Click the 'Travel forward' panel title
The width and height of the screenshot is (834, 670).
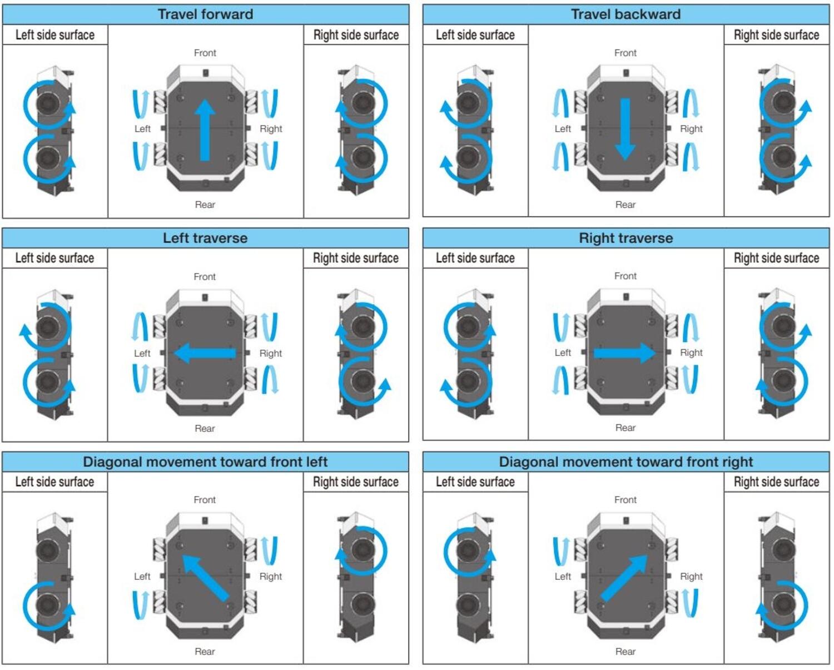(205, 14)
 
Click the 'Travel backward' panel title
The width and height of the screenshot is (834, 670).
(625, 14)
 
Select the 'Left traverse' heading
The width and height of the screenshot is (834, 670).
(205, 238)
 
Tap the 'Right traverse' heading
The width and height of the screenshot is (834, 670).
(625, 238)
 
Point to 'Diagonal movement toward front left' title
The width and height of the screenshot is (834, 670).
(205, 462)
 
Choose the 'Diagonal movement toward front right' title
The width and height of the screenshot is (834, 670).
(625, 462)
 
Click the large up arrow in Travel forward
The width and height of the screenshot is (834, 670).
(205, 131)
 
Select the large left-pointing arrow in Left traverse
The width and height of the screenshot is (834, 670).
(205, 353)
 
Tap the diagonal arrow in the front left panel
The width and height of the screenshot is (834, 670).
(204, 577)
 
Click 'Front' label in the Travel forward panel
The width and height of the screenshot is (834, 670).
(205, 53)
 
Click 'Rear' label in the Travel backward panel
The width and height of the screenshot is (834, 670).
(625, 205)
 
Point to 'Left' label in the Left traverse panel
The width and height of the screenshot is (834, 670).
(142, 353)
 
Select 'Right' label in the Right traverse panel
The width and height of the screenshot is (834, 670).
(691, 353)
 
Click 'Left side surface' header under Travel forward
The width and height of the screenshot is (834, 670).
(55, 35)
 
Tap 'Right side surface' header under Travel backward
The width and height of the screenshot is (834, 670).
(776, 35)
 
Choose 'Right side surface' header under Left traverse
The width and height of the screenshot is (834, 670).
(356, 258)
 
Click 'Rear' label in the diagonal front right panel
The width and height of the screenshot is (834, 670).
(625, 651)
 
